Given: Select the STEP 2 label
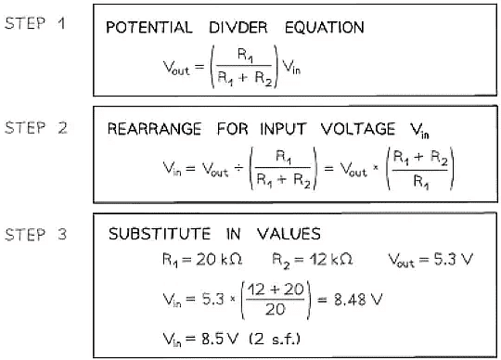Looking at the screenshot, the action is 37,128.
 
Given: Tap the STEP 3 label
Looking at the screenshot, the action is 37,235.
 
